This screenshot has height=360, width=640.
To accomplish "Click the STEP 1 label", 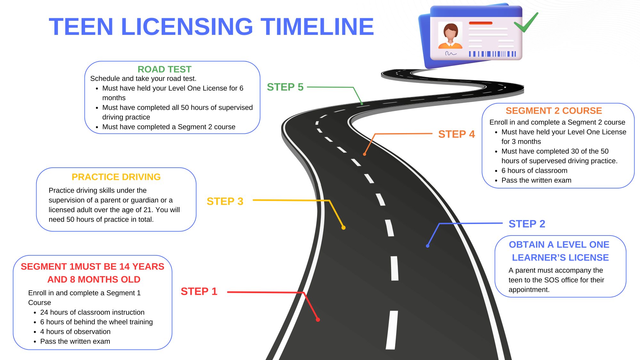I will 199,292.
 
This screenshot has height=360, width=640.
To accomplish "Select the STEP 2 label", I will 527,224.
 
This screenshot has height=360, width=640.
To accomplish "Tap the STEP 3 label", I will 225,201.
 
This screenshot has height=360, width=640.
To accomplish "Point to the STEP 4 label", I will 456,134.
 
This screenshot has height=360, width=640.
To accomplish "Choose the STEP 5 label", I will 285,87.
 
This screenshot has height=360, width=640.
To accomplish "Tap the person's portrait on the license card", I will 450,35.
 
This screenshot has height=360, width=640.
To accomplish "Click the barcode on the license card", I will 492,54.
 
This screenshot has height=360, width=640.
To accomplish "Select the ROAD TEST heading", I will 164,69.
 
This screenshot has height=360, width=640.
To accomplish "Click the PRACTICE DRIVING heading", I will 116,177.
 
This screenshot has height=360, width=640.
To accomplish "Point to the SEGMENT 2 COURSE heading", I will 554,111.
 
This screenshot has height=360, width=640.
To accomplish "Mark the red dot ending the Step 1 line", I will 318,320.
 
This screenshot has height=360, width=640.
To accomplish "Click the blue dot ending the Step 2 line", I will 428,246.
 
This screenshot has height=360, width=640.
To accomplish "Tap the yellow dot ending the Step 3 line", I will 343,228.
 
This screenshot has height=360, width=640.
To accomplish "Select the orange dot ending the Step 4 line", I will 364,154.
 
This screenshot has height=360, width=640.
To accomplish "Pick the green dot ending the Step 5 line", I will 362,104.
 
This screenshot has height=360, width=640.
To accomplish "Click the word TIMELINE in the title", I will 317,27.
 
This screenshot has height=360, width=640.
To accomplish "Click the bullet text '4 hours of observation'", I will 75,332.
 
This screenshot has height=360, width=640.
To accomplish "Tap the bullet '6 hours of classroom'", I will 534,171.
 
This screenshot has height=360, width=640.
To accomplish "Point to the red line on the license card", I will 480,23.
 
